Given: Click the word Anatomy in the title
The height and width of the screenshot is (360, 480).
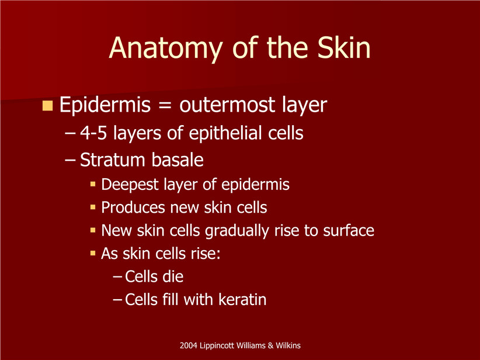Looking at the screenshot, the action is (165, 50).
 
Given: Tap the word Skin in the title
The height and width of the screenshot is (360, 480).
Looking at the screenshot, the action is (344, 47).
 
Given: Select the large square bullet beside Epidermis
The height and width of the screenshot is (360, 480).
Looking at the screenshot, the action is (47, 105).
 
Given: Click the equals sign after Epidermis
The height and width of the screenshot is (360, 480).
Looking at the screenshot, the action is (165, 105).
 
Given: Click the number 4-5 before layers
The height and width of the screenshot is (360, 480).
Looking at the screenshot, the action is (93, 133).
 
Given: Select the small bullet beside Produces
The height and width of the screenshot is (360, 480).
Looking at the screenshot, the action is (93, 207).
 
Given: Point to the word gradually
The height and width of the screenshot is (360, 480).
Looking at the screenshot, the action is (237, 231).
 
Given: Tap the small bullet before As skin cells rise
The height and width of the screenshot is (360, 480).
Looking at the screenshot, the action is (93, 254).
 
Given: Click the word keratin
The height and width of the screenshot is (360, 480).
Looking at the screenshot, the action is (242, 299).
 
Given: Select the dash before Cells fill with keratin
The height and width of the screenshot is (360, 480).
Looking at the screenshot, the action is (118, 300).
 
